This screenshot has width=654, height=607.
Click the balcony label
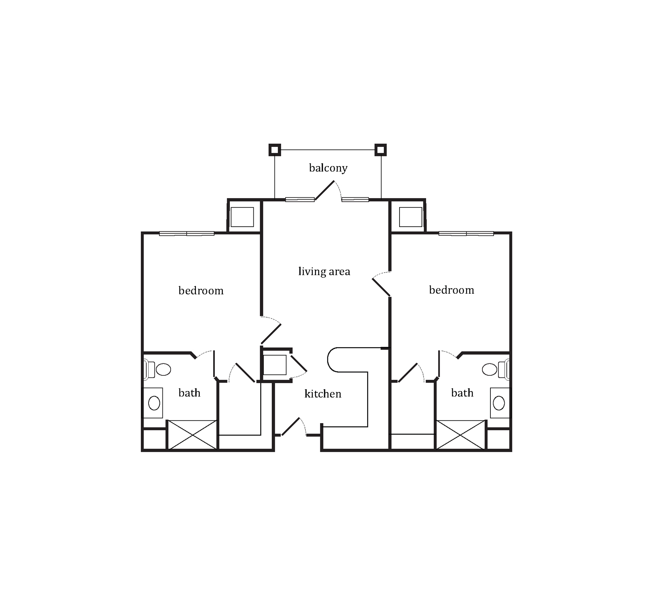pos(328,168)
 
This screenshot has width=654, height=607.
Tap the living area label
pos(324,271)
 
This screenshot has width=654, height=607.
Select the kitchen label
pos(323,393)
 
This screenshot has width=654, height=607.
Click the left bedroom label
pos(201,290)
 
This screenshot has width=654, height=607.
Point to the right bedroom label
pos(452,290)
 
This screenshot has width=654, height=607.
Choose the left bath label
pos(189,393)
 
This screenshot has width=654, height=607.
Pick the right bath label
pos(462,393)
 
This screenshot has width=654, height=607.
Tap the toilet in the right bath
pos(496,369)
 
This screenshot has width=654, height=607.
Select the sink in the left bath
pos(154,403)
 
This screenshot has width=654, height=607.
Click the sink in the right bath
pos(500,403)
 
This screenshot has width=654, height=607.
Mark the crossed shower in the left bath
pos(192,435)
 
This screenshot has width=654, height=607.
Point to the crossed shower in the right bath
pos(461,435)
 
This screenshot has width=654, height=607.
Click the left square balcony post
pos(274,150)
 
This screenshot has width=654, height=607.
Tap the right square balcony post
pos(381,150)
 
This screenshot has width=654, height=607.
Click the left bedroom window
pos(187,234)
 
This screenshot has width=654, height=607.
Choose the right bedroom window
pos(466,234)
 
